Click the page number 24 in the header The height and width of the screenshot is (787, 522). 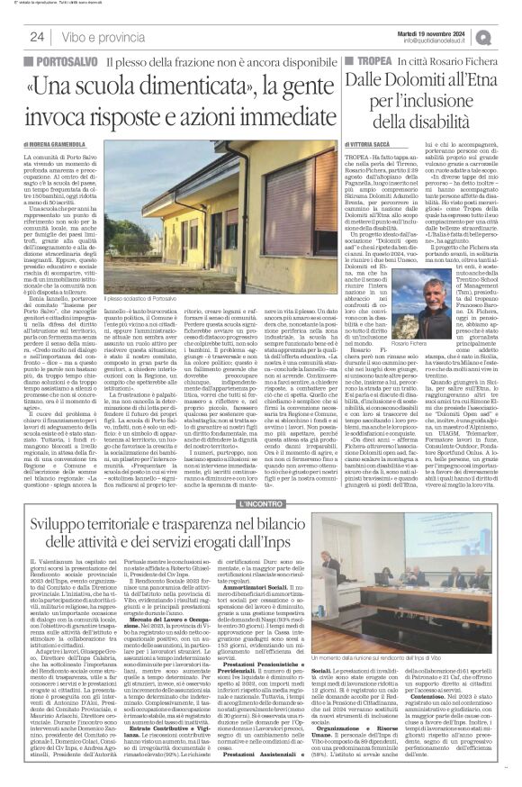pyautogui.click(x=38, y=38)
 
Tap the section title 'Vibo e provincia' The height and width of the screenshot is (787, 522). pyautogui.click(x=105, y=38)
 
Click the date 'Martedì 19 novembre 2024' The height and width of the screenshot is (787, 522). pyautogui.click(x=434, y=32)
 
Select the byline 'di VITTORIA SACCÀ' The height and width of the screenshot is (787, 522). pyautogui.click(x=372, y=146)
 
